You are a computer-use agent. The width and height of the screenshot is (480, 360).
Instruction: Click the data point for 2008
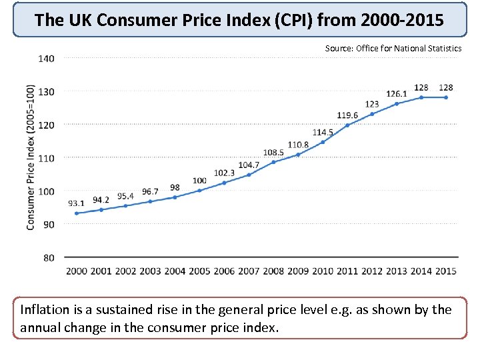(273, 162)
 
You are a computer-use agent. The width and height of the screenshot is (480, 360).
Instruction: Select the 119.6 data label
(347, 115)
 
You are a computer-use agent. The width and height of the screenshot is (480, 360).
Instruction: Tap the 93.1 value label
(77, 203)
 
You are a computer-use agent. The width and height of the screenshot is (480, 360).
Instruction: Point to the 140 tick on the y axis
(46, 59)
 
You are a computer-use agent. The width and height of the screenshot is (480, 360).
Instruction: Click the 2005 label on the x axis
(199, 271)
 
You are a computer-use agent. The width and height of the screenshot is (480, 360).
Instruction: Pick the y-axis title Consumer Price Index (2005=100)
(31, 157)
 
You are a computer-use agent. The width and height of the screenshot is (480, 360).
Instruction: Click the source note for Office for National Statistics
(393, 48)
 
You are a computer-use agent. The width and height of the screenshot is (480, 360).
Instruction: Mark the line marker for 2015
(446, 97)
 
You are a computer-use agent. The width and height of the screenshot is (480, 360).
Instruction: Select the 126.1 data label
(397, 93)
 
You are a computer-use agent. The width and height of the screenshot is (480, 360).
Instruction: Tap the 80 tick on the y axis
(48, 257)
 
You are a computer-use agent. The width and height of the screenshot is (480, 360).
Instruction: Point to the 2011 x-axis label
(347, 271)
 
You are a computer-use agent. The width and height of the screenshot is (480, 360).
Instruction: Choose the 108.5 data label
(273, 152)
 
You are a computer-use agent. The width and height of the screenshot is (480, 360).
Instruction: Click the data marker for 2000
(77, 213)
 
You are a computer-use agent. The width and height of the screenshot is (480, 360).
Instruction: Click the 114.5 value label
(323, 132)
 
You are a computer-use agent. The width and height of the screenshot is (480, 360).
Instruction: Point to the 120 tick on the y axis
(46, 125)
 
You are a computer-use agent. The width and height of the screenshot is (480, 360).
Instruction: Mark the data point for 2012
(372, 113)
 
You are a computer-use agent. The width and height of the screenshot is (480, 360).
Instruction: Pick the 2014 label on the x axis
(421, 271)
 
